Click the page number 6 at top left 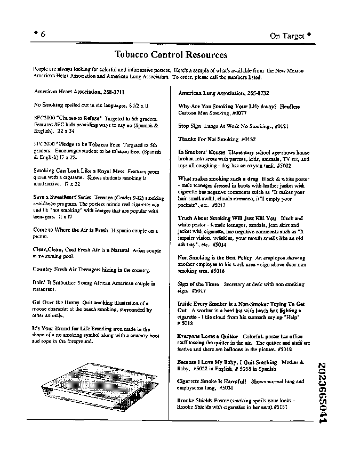click(x=43, y=35)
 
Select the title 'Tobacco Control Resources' click(x=171, y=55)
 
